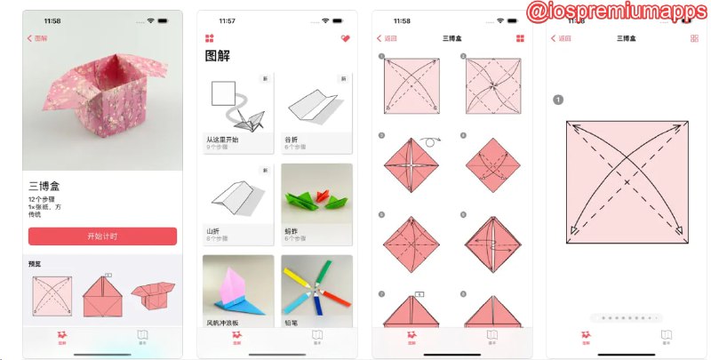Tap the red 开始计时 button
[x=102, y=236]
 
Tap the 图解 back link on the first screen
[x=38, y=38]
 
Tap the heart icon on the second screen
[x=345, y=38]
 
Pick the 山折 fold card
[x=237, y=204]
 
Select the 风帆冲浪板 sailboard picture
[x=237, y=289]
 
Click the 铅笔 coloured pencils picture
[x=316, y=289]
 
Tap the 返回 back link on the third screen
[x=387, y=38]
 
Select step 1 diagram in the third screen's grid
[x=411, y=86]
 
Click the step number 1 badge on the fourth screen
[x=558, y=100]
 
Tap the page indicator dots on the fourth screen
[x=627, y=316]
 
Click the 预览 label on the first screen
[x=36, y=263]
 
